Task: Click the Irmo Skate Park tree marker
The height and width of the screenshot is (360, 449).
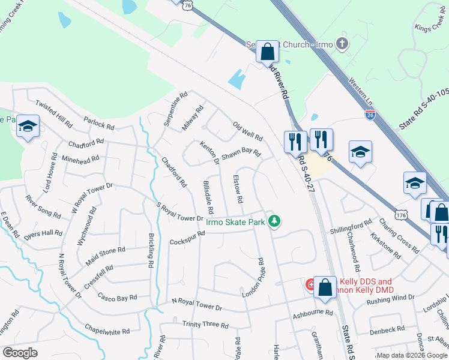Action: coord(274,222)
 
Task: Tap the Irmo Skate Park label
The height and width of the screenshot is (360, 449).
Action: coord(235,222)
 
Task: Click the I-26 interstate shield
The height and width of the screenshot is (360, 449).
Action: coord(371,114)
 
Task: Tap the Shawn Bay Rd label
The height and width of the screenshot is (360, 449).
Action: coord(241,154)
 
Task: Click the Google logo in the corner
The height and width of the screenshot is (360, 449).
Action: coord(20,353)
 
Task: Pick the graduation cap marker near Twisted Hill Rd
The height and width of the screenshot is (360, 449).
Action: coord(28,126)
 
